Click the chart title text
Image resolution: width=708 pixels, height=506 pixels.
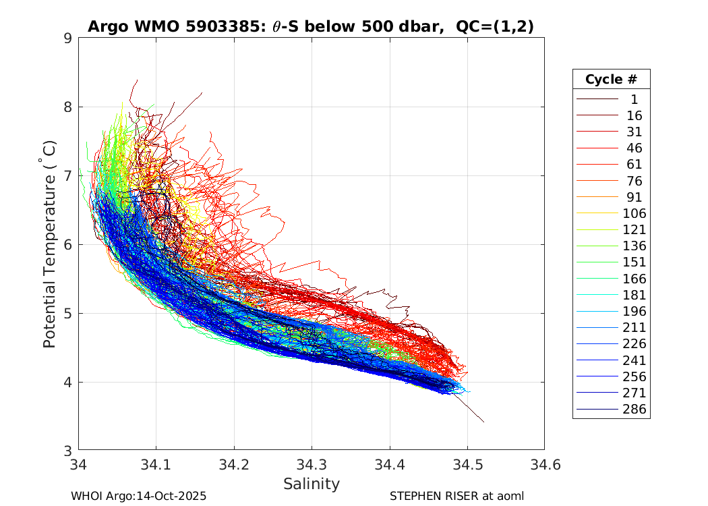point(311,26)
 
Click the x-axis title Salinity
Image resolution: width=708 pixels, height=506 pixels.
point(311,484)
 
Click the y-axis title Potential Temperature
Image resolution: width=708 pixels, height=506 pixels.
point(49,244)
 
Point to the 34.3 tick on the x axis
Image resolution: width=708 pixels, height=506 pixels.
point(312,464)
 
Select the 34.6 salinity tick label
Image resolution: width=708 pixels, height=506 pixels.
point(544,464)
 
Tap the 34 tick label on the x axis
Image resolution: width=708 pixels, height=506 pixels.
point(79,464)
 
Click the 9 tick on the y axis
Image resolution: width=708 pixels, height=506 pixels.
point(68,38)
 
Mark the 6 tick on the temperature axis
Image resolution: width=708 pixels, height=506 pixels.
point(68,244)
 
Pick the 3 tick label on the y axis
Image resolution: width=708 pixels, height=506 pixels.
point(68,451)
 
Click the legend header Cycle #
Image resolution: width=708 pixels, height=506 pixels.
point(611,79)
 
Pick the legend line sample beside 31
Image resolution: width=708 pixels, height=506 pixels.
point(597,132)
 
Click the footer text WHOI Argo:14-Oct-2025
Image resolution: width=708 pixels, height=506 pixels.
point(138,496)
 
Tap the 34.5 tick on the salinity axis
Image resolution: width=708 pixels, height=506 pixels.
point(467,464)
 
